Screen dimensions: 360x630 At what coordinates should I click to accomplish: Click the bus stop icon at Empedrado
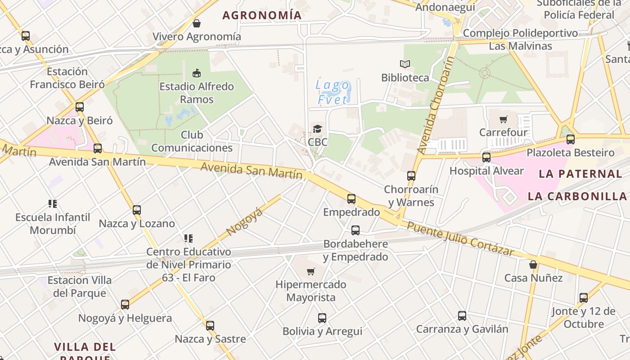click(351, 198)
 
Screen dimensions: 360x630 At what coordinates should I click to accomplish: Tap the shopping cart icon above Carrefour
click(503, 120)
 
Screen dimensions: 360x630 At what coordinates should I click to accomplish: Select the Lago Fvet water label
click(333, 92)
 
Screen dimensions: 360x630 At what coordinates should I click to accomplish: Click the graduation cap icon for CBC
click(318, 129)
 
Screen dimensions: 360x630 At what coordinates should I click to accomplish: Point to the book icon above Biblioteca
click(405, 64)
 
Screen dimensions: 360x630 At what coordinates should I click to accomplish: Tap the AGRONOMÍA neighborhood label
click(262, 15)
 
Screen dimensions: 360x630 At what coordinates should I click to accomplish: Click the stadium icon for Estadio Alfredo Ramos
click(197, 73)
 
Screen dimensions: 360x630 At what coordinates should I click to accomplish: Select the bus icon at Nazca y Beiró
click(80, 107)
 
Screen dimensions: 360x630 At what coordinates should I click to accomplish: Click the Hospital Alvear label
click(486, 171)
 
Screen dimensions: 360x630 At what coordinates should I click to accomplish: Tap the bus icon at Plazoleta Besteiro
click(571, 139)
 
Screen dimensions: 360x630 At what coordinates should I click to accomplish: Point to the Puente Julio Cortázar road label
click(460, 238)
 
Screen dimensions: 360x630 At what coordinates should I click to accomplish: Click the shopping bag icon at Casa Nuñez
click(533, 265)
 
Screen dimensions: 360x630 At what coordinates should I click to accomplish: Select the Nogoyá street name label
click(244, 222)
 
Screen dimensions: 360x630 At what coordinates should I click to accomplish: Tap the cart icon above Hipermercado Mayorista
click(310, 271)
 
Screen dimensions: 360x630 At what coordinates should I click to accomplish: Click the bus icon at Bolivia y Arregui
click(322, 318)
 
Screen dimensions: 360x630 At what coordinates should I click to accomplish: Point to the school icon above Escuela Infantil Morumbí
click(53, 204)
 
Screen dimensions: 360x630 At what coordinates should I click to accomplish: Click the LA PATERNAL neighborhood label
click(580, 174)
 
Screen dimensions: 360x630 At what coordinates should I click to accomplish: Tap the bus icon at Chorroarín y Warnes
click(411, 176)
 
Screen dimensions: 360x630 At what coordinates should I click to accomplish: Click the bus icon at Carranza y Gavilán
click(462, 316)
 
